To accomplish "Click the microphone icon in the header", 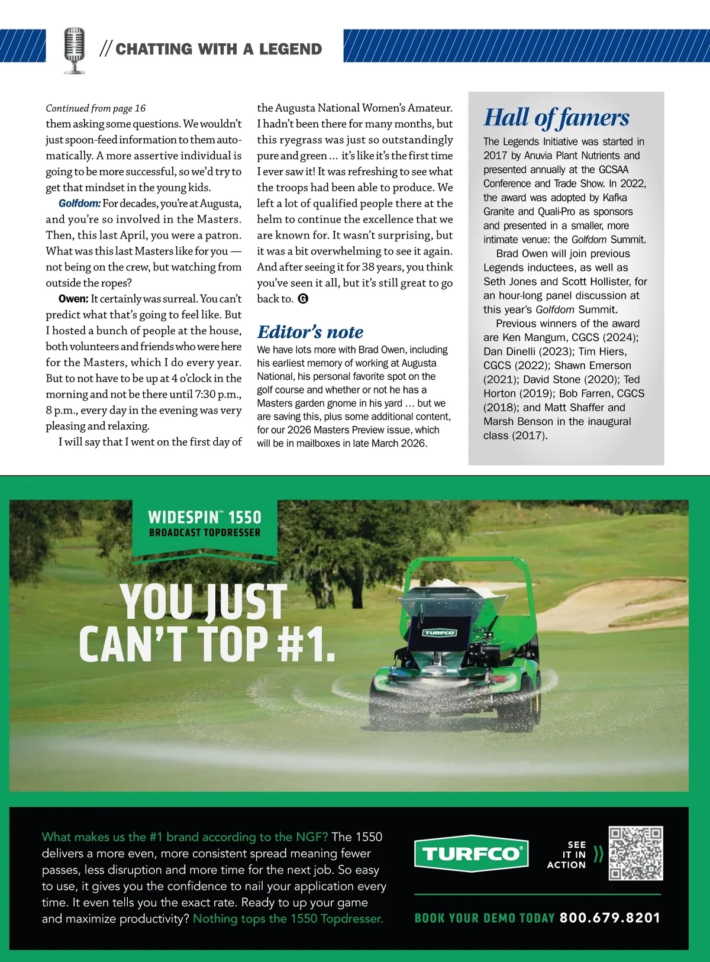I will click(x=74, y=50).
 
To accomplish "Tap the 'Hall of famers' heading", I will click(x=556, y=117).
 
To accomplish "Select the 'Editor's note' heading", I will click(x=310, y=332).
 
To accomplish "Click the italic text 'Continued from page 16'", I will click(x=95, y=108).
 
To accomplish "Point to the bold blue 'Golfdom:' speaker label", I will click(x=79, y=204).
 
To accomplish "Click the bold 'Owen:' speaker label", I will click(x=73, y=299).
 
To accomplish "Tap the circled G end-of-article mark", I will click(x=303, y=299).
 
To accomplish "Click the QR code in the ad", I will click(x=636, y=853).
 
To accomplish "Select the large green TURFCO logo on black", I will click(x=471, y=854).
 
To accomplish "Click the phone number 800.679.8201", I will click(x=609, y=918).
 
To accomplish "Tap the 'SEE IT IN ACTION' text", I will click(x=567, y=855).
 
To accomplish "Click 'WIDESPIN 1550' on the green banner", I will click(x=204, y=517).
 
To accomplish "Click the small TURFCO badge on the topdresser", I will click(x=439, y=632).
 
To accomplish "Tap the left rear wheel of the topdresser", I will click(x=388, y=700).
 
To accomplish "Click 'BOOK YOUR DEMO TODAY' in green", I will click(x=484, y=918).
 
